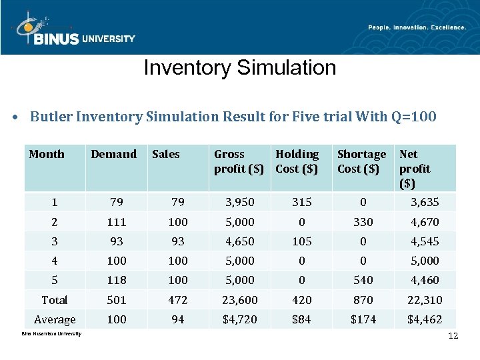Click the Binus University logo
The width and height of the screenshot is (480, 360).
pyautogui.click(x=73, y=30)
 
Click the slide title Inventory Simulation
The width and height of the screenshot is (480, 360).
pyautogui.click(x=239, y=67)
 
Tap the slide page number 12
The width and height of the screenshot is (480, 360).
pyautogui.click(x=453, y=335)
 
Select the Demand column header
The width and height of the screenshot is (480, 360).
pyautogui.click(x=113, y=154)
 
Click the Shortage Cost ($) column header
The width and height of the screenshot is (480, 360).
pyautogui.click(x=361, y=161)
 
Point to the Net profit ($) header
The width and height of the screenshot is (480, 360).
pyautogui.click(x=415, y=168)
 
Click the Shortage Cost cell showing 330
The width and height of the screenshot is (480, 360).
pyautogui.click(x=363, y=222)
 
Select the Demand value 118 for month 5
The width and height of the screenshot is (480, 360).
pyautogui.click(x=116, y=280)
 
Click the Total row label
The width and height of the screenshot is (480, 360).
pyautogui.click(x=55, y=300)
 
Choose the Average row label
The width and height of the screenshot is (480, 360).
pyautogui.click(x=55, y=320)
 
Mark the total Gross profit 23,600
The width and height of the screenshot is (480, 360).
pyautogui.click(x=239, y=300)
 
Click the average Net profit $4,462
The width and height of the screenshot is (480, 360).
pyautogui.click(x=425, y=319)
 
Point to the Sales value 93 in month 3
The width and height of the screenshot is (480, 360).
pyautogui.click(x=178, y=241)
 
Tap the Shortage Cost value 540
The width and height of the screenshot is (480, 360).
pyautogui.click(x=363, y=280)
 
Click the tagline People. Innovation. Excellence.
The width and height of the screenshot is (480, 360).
pyautogui.click(x=417, y=27)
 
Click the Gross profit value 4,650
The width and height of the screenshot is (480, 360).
pyautogui.click(x=239, y=241)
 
